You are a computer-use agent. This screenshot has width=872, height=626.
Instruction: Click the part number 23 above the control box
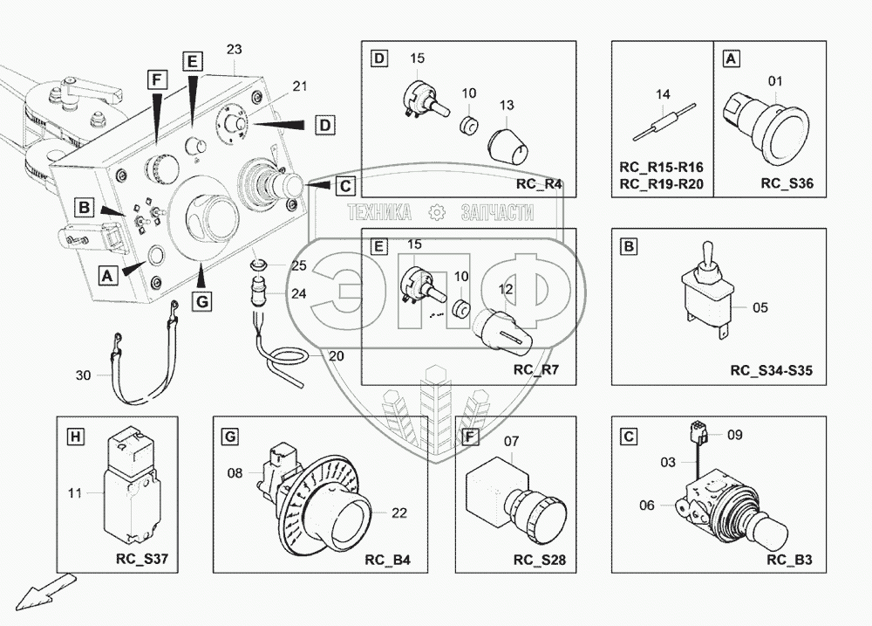click(234, 50)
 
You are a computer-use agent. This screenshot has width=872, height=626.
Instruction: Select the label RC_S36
click(787, 184)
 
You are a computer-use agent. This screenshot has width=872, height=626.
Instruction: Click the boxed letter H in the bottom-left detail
click(75, 437)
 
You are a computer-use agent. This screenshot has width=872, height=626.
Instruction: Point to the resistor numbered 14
click(664, 122)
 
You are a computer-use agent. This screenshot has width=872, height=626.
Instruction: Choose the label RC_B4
click(388, 560)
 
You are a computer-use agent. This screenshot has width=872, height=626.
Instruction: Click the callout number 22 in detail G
click(399, 513)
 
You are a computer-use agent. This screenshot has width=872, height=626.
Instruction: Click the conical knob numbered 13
click(508, 145)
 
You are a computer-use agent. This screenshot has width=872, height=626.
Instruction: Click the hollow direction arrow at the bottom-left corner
click(44, 591)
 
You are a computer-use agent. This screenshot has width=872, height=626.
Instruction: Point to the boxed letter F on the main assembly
click(157, 80)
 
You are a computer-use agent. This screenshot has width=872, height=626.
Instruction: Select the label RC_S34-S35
click(771, 371)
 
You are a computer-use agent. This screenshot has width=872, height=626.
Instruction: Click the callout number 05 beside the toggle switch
click(760, 308)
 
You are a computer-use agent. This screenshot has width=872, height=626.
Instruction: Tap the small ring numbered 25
click(257, 264)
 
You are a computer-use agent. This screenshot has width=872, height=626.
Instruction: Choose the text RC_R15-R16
click(661, 167)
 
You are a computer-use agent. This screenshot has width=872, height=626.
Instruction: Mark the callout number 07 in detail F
click(511, 442)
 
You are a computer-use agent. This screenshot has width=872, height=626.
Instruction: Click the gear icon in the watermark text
click(437, 212)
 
